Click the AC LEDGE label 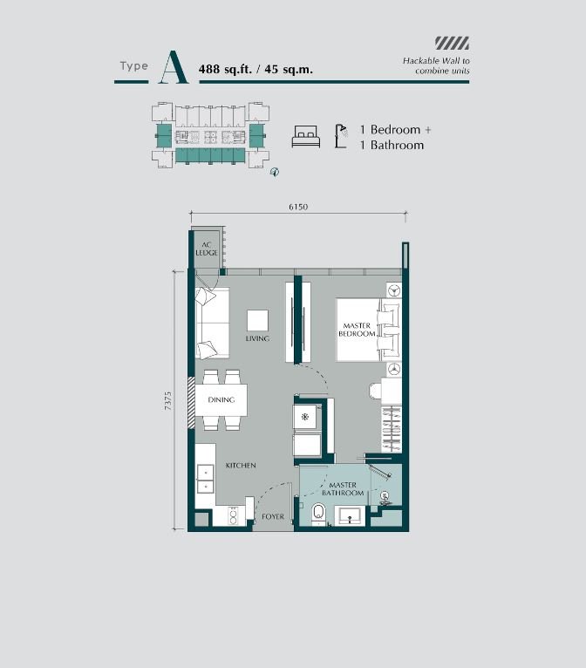coord(207,249)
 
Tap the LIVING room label coord(257,338)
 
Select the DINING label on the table coord(221,399)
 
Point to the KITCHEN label coord(241,465)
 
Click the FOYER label coord(273,516)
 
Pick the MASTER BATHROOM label coord(343,489)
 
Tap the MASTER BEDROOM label coord(357,330)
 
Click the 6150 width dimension coord(298,207)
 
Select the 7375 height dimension coord(167,401)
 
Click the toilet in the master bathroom coord(318,513)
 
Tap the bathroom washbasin coord(350,515)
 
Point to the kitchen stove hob coord(233,516)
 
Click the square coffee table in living coord(257,320)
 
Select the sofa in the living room coord(212,323)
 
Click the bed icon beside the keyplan coord(306,136)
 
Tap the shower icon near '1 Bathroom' coord(341,136)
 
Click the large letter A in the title coord(174,67)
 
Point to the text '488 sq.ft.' coord(225,69)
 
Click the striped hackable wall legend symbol coord(452,43)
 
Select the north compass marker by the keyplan coord(275,172)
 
